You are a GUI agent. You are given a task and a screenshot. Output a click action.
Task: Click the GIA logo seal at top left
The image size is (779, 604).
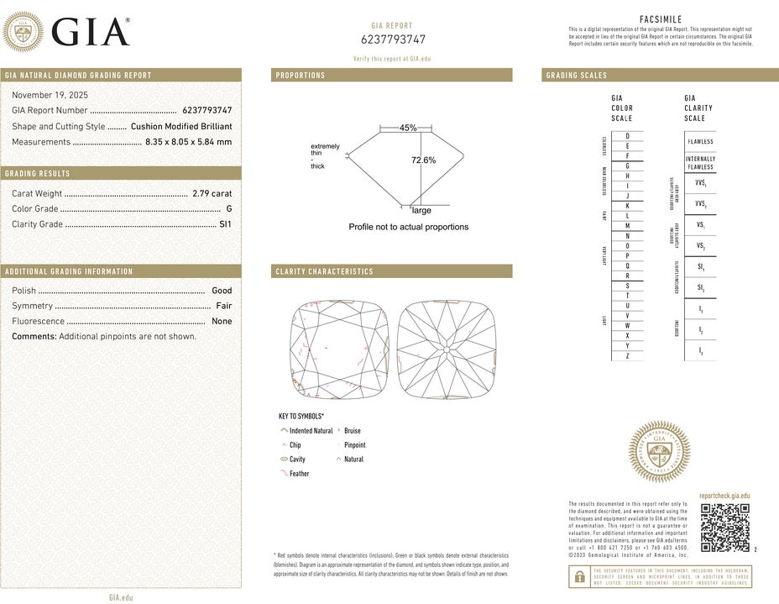click(x=24, y=33)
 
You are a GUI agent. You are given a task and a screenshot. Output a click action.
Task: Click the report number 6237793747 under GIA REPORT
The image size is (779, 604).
click(x=393, y=39)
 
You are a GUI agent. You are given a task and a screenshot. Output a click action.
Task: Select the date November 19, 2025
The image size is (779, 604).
click(x=50, y=95)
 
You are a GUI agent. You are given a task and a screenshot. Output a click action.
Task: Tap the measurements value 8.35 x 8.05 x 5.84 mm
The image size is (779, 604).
click(x=188, y=142)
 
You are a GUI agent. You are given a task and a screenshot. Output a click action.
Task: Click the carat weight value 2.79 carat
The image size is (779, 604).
click(x=212, y=193)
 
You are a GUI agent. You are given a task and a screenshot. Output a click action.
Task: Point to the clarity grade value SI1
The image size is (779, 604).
click(x=225, y=224)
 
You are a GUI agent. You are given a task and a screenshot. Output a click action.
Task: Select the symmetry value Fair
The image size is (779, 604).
click(x=223, y=306)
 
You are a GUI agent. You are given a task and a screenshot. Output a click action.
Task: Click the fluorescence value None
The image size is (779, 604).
click(x=222, y=321)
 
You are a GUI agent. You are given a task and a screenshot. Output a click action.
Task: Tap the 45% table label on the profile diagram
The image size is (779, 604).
click(x=408, y=128)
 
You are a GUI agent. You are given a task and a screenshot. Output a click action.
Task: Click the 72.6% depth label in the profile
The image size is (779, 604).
click(x=423, y=160)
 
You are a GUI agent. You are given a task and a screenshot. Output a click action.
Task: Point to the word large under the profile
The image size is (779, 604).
click(x=421, y=211)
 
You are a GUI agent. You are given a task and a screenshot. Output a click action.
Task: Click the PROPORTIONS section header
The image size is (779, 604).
click(x=301, y=76)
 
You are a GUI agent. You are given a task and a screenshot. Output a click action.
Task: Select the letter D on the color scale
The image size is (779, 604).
click(x=627, y=136)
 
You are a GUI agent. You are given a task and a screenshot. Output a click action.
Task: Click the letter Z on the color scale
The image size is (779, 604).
click(x=627, y=356)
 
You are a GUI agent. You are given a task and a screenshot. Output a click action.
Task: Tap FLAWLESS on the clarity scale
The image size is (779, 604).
click(x=700, y=142)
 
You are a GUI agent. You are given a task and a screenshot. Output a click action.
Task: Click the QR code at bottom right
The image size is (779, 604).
click(x=724, y=528)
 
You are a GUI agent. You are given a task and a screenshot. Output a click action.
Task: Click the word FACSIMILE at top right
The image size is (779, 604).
click(x=661, y=18)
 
